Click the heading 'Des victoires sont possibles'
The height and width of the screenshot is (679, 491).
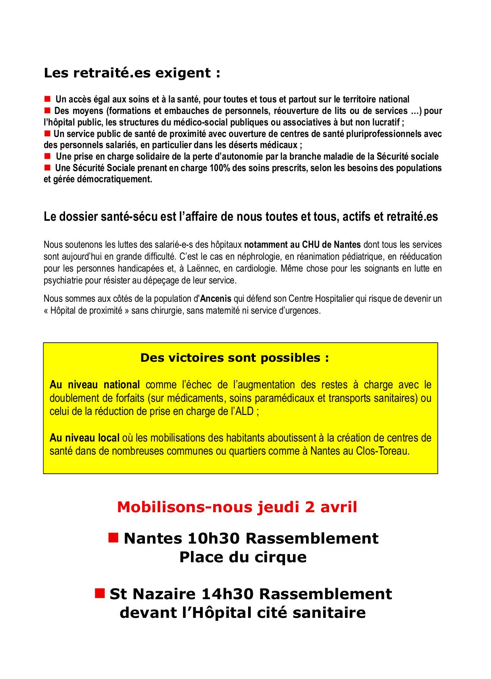click(x=235, y=358)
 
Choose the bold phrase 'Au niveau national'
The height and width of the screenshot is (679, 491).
click(x=94, y=385)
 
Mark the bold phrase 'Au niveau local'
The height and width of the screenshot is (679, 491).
click(x=85, y=438)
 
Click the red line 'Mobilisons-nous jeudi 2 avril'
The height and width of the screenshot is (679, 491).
click(x=237, y=507)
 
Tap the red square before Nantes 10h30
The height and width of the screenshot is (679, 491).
click(x=114, y=538)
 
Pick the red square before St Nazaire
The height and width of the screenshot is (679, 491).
click(x=100, y=593)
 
